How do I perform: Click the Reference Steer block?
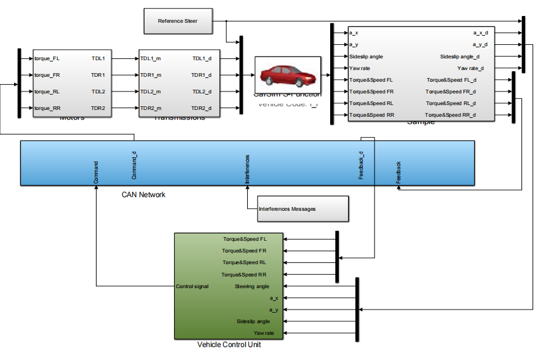pyautogui.click(x=178, y=21)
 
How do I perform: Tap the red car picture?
pyautogui.click(x=287, y=74)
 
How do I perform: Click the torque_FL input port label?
pyautogui.click(x=47, y=59)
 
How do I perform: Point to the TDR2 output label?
pyautogui.click(x=98, y=108)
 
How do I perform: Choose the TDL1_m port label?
pyautogui.click(x=151, y=59)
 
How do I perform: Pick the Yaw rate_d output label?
pyautogui.click(x=470, y=68)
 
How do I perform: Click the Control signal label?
pyautogui.click(x=192, y=286)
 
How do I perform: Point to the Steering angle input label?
pyautogui.click(x=252, y=286)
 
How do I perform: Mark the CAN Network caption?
pyautogui.click(x=143, y=195)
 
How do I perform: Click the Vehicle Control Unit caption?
pyautogui.click(x=229, y=345)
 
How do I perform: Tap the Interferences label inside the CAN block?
pyautogui.click(x=247, y=169)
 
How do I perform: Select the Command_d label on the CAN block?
pyautogui.click(x=134, y=165)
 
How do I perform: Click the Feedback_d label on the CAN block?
pyautogui.click(x=362, y=165)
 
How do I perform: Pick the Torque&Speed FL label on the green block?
pyautogui.click(x=245, y=239)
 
